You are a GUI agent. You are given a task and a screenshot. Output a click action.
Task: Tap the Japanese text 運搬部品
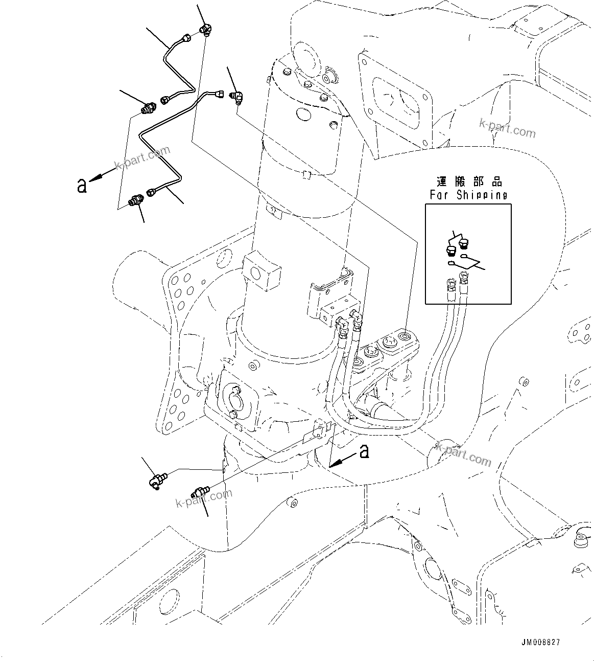point(469,182)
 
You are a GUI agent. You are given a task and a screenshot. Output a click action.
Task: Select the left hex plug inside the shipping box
point(450,250)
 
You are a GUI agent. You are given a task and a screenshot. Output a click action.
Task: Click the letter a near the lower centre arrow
point(364,451)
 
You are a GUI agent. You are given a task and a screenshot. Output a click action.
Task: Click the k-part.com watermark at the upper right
point(507,128)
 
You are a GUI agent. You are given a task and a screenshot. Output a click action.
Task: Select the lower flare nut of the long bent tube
point(152,193)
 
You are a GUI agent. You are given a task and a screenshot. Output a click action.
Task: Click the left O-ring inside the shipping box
point(451,263)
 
